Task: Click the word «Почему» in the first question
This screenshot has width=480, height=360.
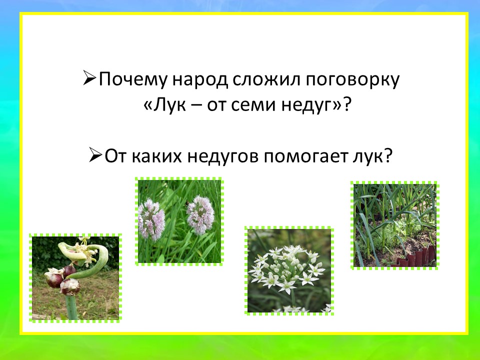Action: coord(133,80)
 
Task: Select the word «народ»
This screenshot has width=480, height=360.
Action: coord(200,80)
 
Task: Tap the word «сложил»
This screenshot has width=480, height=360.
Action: coord(266,80)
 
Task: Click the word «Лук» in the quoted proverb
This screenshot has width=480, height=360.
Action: coord(170,105)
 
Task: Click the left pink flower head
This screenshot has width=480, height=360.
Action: coord(151,219)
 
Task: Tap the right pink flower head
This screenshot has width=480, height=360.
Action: coord(200,215)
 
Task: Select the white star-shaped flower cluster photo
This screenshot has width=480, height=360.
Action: coord(289,270)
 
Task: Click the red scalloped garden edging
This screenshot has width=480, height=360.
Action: coord(414,256)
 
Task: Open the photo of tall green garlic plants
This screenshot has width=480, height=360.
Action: coord(395,225)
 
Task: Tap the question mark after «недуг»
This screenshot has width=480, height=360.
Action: coord(346,105)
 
